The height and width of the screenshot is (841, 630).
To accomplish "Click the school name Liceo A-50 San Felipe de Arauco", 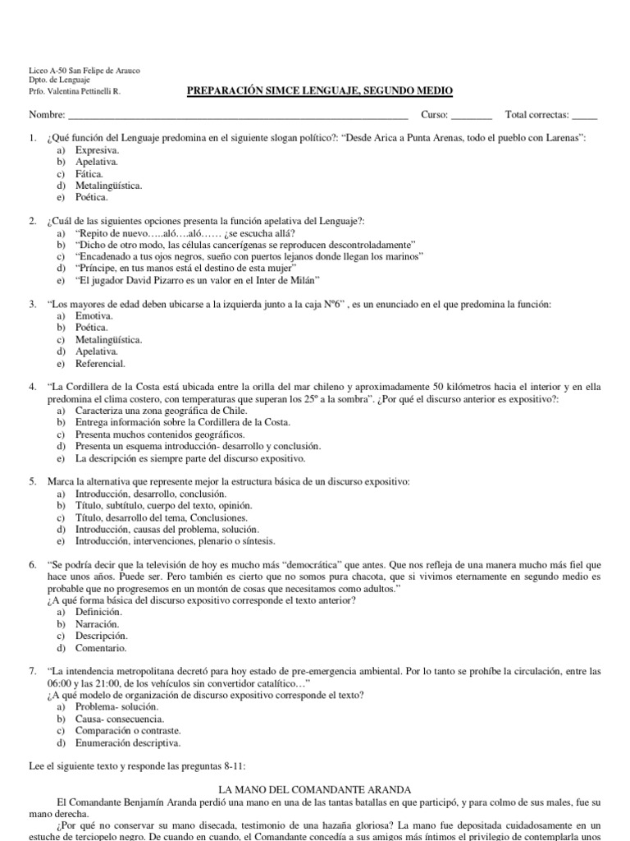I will tap(84, 71).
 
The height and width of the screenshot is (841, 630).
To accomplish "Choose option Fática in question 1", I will tap(89, 174).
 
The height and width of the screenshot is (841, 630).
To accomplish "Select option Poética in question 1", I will tap(91, 197).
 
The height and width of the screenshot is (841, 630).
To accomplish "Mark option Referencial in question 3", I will tap(100, 363).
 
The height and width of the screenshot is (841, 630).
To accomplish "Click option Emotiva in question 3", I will tap(94, 316).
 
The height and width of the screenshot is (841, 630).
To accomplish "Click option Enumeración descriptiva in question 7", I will tap(127, 742).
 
